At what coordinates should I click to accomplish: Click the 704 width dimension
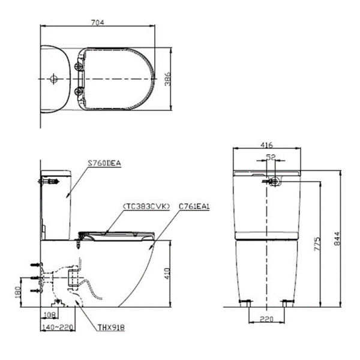point(98,22)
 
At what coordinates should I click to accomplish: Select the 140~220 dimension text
point(58,328)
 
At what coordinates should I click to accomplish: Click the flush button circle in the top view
point(53,78)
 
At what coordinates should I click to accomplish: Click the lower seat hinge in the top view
point(79,91)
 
